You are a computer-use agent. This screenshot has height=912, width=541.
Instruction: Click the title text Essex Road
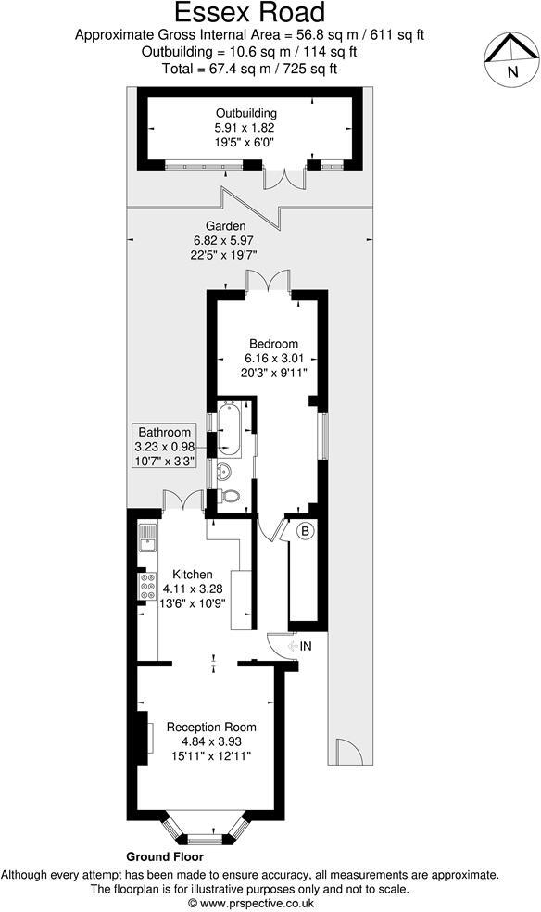point(250,13)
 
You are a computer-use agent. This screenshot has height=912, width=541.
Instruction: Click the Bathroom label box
point(165,446)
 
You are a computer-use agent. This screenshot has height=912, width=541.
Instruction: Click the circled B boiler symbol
point(305,532)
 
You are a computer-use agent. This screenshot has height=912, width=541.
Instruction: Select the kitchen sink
point(146,538)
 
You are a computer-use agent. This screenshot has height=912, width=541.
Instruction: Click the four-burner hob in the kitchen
point(147,586)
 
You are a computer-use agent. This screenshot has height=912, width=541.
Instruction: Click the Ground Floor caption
point(165,857)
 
